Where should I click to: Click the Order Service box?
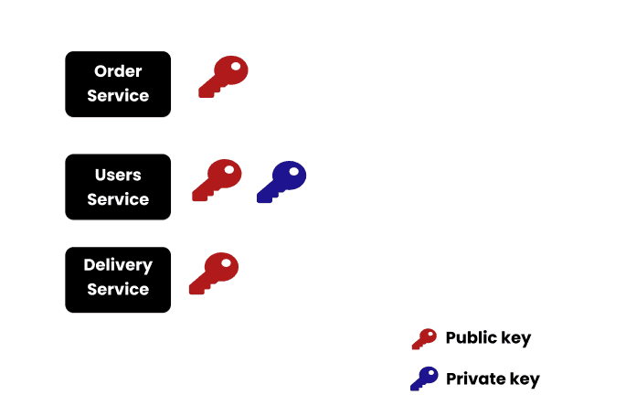click(x=118, y=84)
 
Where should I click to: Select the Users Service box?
click(x=118, y=187)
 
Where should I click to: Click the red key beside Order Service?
click(x=224, y=76)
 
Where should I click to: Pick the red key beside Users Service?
click(x=218, y=179)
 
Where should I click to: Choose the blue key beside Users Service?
click(x=281, y=180)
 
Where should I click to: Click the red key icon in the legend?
click(x=424, y=339)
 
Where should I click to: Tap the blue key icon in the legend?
click(x=424, y=379)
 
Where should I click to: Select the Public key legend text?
click(x=488, y=338)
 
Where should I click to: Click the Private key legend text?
click(x=493, y=379)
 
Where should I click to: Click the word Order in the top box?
click(x=118, y=71)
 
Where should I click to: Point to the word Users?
click(x=118, y=175)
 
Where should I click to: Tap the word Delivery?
click(x=118, y=265)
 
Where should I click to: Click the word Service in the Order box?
click(x=118, y=95)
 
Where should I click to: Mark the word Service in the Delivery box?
click(x=118, y=289)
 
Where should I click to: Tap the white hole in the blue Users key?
click(x=294, y=170)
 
